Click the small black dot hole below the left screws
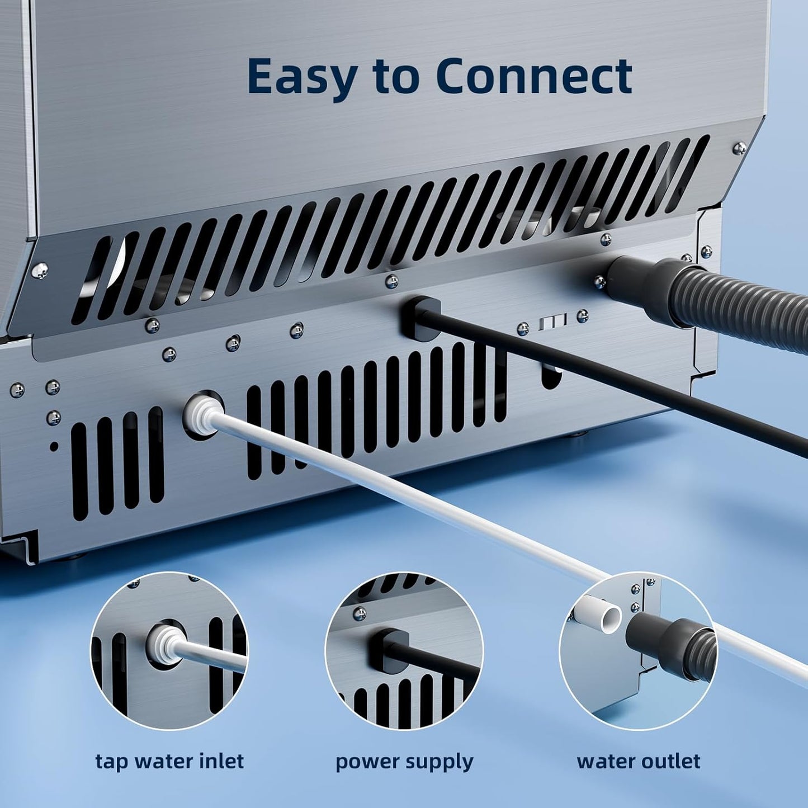point(54,447)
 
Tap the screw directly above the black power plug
point(391,280)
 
